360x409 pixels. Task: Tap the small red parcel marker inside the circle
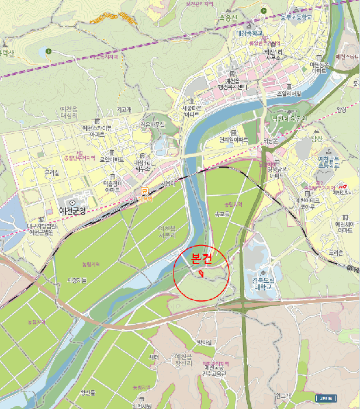pos(201,273)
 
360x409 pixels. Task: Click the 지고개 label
pos(124,109)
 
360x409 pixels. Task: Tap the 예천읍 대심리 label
pos(69,112)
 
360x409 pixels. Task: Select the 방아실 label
pos(204,342)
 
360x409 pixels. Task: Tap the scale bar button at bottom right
pos(325,399)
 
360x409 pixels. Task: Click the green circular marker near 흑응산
pos(265,11)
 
